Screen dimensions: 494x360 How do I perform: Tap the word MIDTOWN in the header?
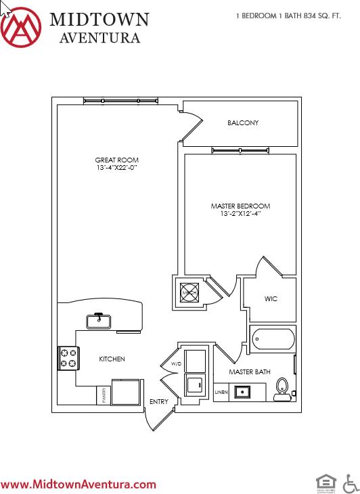coord(99,18)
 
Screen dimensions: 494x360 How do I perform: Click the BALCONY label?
coord(243,123)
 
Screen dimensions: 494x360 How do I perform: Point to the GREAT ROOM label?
coord(116,160)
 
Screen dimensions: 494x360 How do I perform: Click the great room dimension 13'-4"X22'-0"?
coord(116,168)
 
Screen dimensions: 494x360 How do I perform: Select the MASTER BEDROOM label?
coord(240,206)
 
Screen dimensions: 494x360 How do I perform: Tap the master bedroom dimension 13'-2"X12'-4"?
coord(240,213)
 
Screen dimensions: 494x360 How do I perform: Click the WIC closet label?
coord(271,299)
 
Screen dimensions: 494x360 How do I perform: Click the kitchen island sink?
coord(99,319)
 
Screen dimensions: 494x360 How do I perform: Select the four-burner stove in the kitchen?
coord(68,358)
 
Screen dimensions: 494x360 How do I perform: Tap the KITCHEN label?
coord(112,359)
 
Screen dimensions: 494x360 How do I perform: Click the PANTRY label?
coord(104,395)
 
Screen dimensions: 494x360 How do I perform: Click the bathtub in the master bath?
coord(272,339)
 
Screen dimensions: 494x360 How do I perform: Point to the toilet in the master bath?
coord(282,387)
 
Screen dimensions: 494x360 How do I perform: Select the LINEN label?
coord(221,392)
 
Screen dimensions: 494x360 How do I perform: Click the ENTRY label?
coord(159,402)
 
